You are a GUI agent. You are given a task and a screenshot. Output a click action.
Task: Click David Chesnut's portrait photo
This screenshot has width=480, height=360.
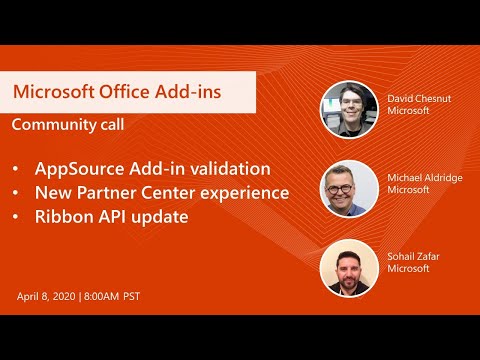[349, 108]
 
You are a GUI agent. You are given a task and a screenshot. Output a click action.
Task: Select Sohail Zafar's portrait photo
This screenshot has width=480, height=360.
[349, 268]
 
